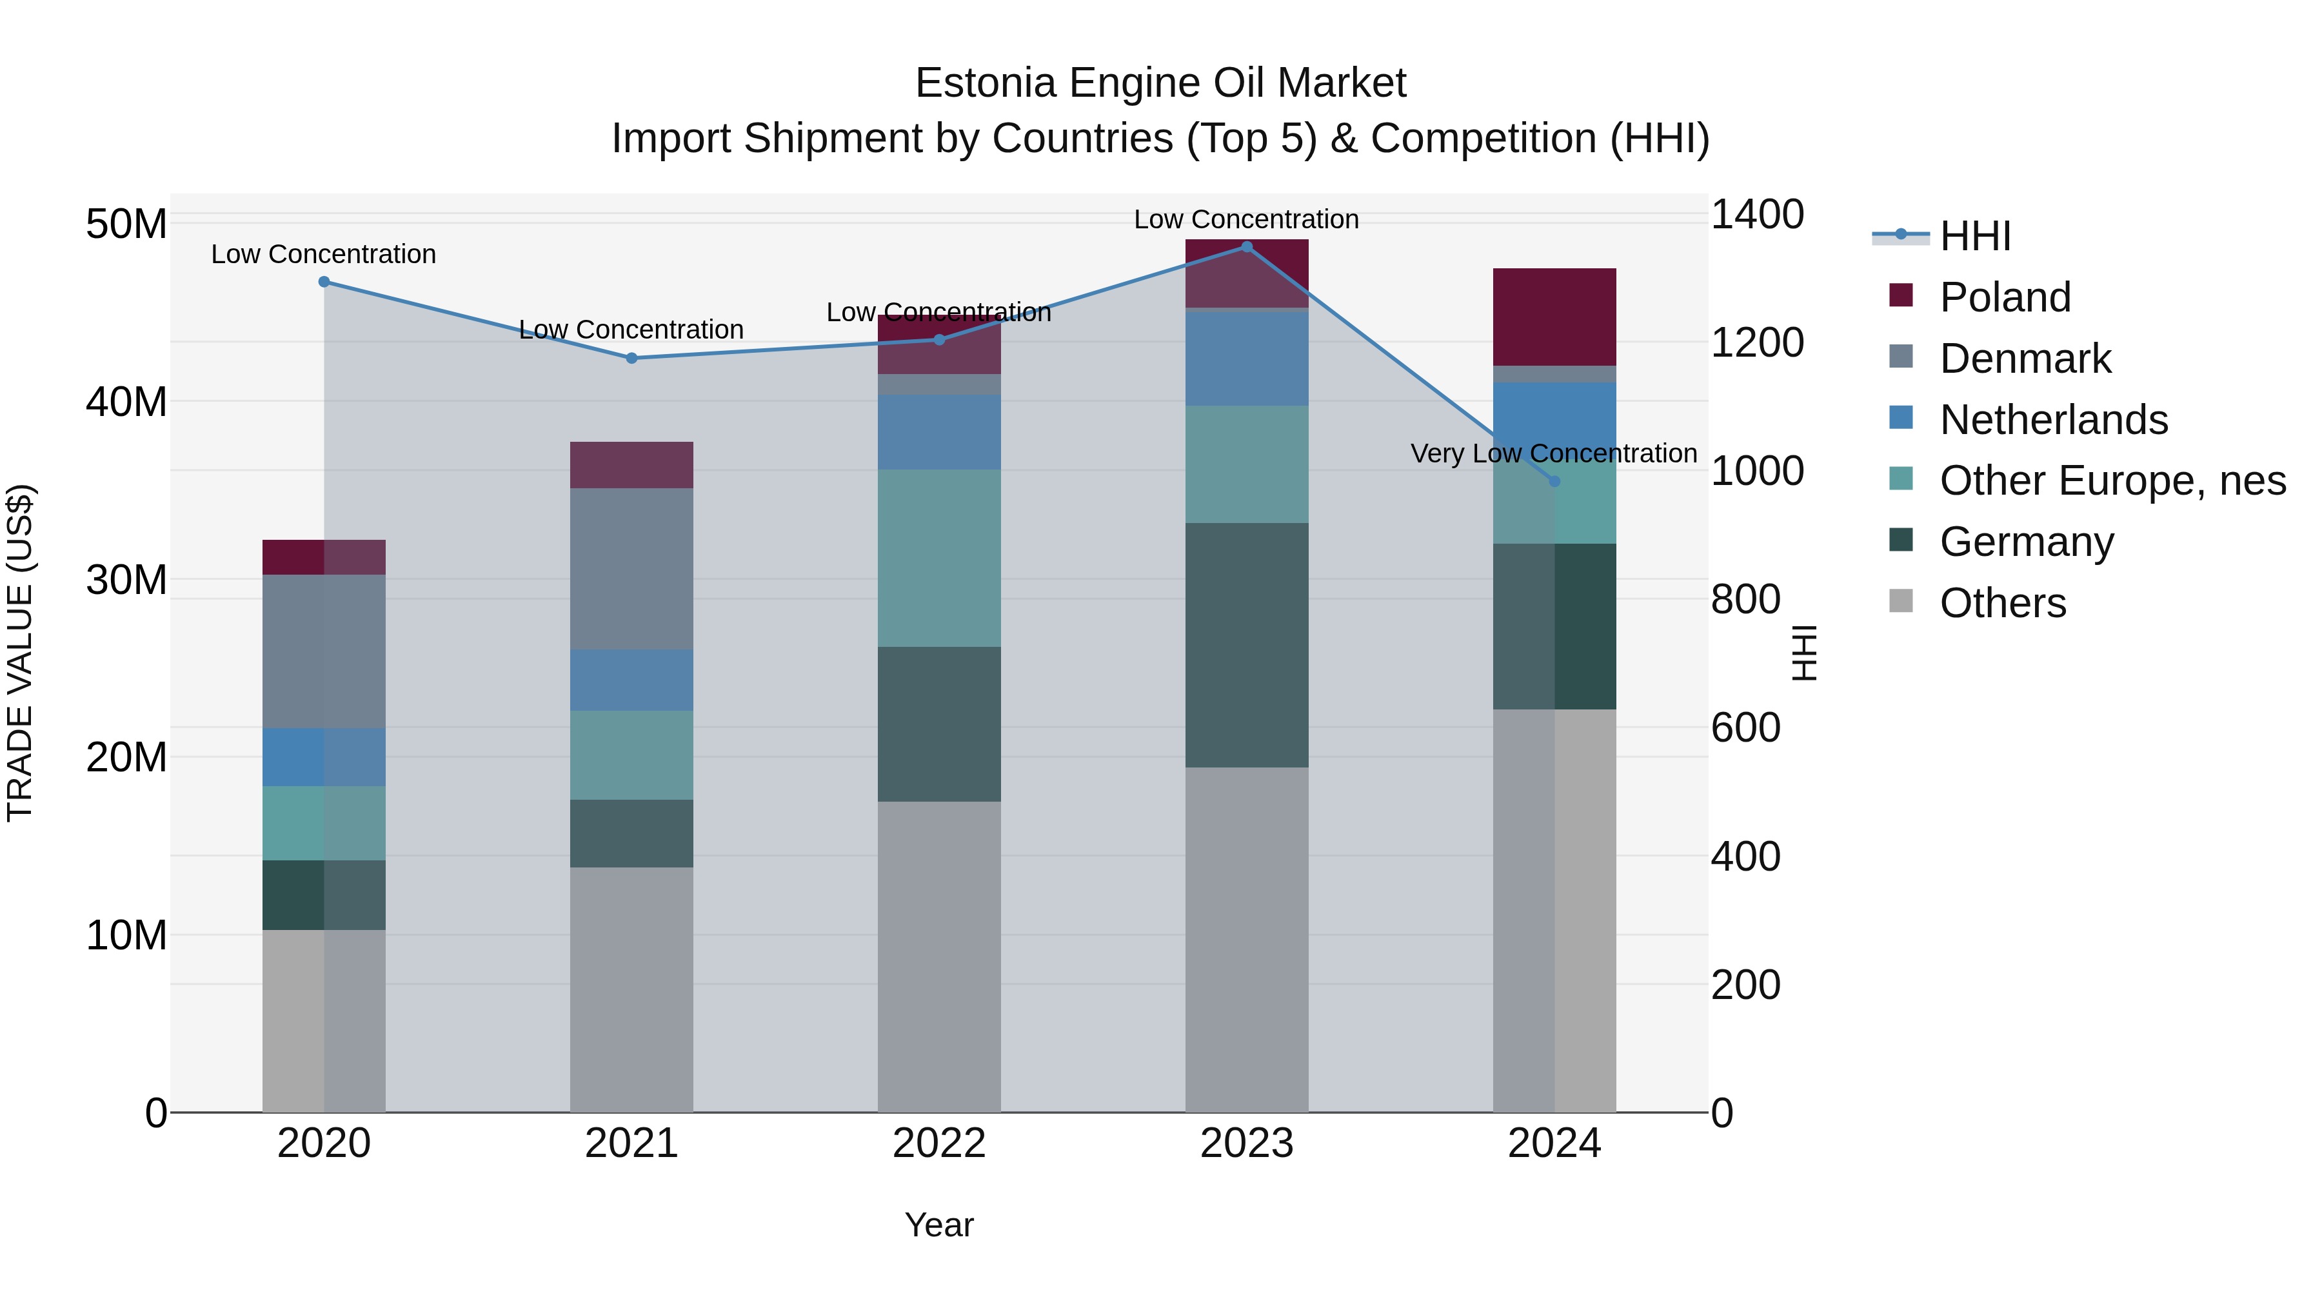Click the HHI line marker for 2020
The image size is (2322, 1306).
click(324, 282)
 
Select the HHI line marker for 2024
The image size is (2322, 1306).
click(1554, 481)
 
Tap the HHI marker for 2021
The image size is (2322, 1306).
click(632, 358)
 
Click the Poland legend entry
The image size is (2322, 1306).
click(2005, 297)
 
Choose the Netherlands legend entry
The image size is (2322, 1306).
click(2054, 420)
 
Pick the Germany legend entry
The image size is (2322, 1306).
click(2027, 542)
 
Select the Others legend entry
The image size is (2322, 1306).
click(2003, 603)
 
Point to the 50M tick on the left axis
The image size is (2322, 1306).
click(126, 224)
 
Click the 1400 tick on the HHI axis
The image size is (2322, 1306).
click(1757, 215)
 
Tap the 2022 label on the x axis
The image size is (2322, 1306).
click(939, 1143)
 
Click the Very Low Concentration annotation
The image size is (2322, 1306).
click(1553, 453)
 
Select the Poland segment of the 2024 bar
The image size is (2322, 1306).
click(1554, 317)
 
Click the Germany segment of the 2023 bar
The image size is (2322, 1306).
click(1247, 646)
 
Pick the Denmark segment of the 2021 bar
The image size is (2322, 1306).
click(632, 569)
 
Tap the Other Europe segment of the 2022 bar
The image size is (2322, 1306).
click(939, 558)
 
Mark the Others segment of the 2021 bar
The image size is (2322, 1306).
click(632, 989)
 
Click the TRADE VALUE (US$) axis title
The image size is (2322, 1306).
click(20, 653)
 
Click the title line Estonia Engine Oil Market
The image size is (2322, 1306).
click(1160, 83)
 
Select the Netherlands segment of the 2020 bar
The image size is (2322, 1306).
click(324, 757)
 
